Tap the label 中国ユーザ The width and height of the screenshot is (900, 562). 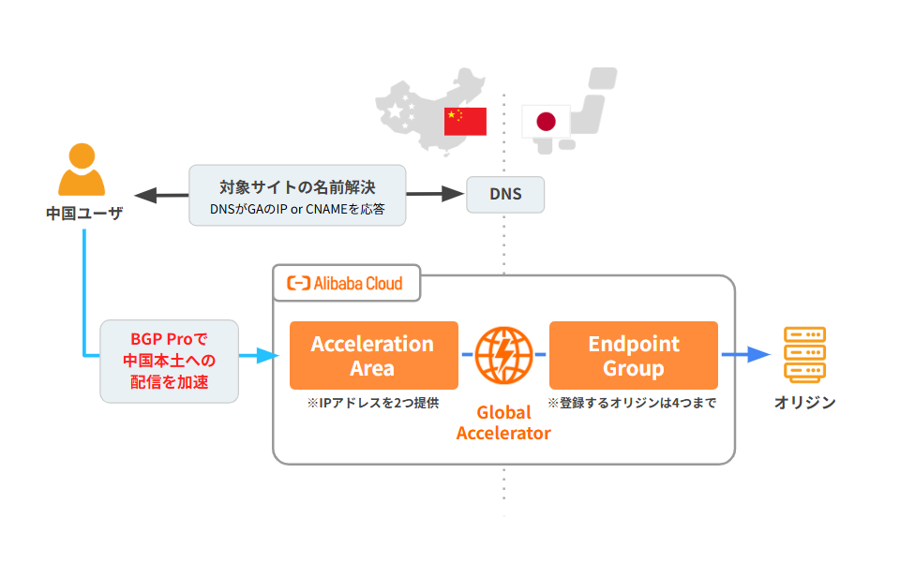[x=84, y=214]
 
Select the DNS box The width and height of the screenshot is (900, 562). [x=505, y=195]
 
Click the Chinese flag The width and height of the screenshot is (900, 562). [x=465, y=121]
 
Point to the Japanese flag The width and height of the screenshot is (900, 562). [x=546, y=121]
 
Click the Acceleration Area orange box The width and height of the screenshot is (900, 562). [x=373, y=355]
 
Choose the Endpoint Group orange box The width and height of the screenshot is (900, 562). [x=633, y=355]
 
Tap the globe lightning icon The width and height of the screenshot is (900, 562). [x=503, y=356]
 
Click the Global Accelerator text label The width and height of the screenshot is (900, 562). [x=503, y=422]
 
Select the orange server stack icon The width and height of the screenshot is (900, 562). [x=804, y=354]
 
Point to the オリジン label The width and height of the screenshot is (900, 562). [x=804, y=403]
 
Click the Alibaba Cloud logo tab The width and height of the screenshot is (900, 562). [x=346, y=283]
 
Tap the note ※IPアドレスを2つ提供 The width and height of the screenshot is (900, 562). [x=372, y=403]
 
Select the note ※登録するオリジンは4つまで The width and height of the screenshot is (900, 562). [x=633, y=403]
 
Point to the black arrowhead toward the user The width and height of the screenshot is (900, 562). [x=142, y=195]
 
